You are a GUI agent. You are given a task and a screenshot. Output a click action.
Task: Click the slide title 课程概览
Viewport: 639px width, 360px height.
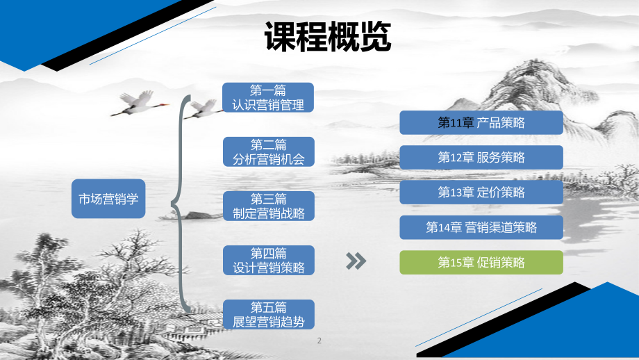click(328, 38)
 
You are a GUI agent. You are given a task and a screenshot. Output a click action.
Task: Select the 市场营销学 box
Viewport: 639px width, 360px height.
click(108, 199)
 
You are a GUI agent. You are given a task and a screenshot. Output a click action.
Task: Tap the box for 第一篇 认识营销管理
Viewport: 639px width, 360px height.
click(268, 97)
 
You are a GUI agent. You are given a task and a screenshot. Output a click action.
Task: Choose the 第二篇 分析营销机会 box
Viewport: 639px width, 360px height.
click(268, 152)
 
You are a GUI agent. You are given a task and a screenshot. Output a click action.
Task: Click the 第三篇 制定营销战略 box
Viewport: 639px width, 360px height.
click(268, 206)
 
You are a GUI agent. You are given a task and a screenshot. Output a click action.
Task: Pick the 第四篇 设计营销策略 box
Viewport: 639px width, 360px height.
click(268, 260)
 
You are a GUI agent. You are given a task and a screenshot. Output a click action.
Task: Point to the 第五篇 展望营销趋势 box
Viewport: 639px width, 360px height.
click(268, 314)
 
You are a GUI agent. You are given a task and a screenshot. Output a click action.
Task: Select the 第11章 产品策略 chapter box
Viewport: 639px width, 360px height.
click(481, 123)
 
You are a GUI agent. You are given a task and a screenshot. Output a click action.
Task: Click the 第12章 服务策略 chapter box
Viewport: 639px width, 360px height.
click(481, 158)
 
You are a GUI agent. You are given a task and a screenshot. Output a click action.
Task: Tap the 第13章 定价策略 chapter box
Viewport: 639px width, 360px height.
click(481, 193)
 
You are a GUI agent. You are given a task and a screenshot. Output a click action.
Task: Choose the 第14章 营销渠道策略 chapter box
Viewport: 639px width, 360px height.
click(481, 227)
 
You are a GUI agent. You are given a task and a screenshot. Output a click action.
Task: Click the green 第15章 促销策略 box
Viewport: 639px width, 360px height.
click(481, 262)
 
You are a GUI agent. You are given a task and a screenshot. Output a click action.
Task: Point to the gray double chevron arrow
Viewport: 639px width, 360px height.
click(356, 261)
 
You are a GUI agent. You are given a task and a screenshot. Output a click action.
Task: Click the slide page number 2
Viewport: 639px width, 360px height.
click(319, 341)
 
